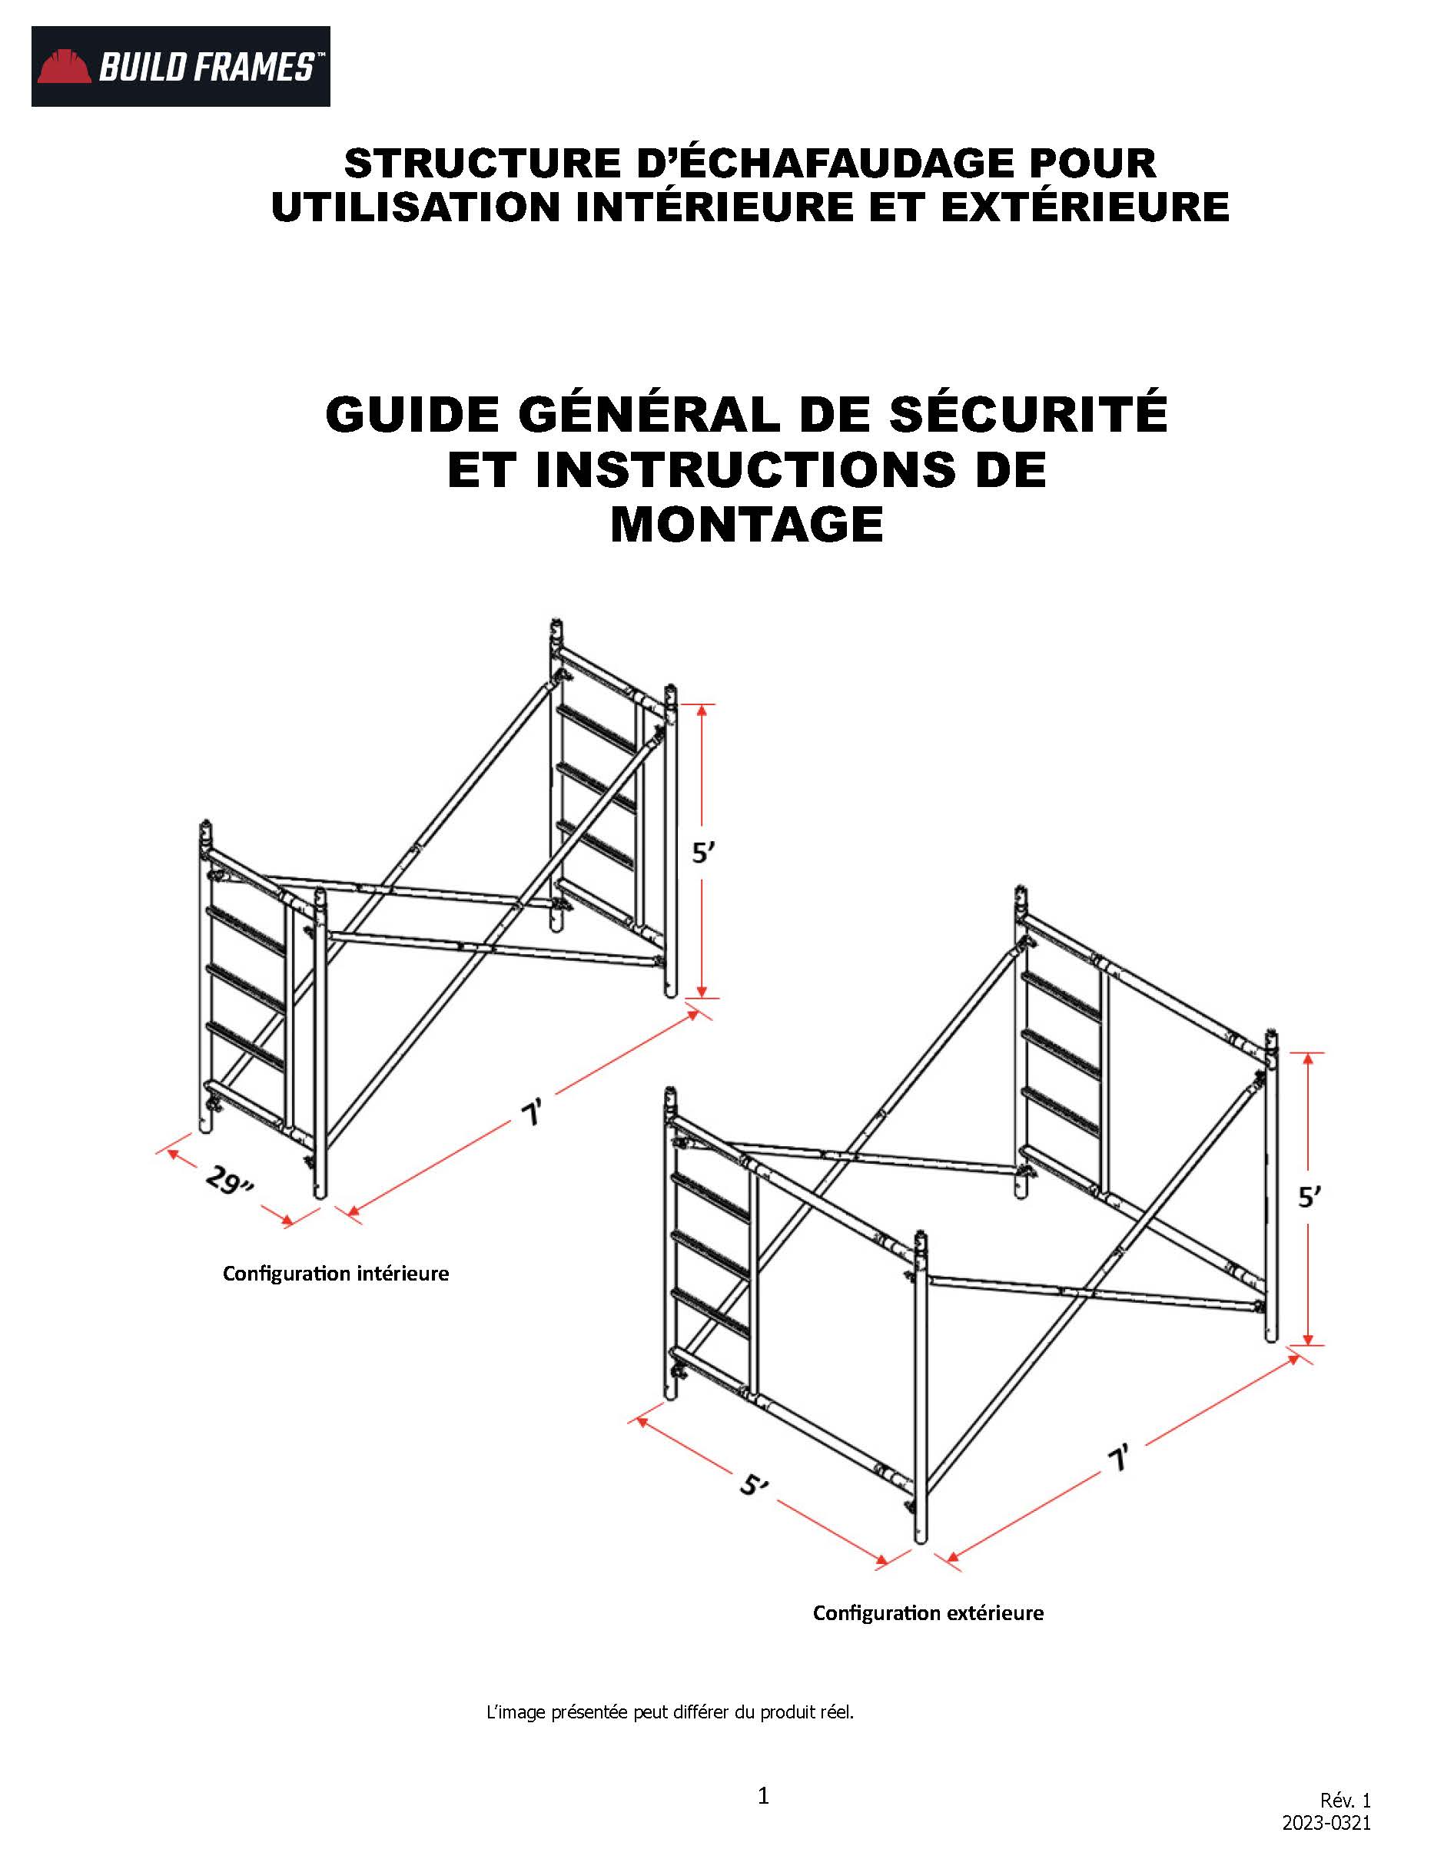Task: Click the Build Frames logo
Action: pos(181,66)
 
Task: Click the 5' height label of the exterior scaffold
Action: pos(1309,1198)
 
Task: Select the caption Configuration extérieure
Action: pos(928,1613)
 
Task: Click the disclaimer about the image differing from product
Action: pos(669,1712)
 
